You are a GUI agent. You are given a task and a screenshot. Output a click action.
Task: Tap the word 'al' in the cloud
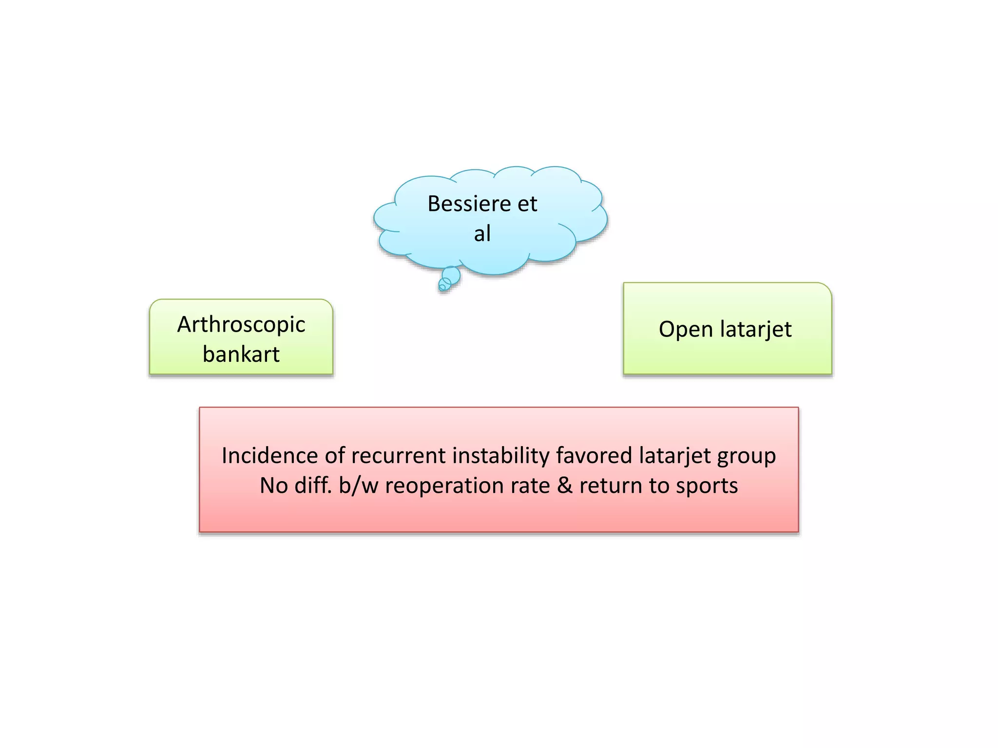click(x=482, y=234)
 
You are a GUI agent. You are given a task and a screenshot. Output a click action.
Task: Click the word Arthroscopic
click(x=241, y=325)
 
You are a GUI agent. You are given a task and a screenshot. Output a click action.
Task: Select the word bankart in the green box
click(x=241, y=355)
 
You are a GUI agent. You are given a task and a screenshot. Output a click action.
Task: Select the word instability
click(x=500, y=456)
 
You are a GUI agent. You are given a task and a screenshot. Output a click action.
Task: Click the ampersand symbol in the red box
click(x=565, y=486)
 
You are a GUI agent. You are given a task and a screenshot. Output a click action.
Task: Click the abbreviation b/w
click(x=359, y=486)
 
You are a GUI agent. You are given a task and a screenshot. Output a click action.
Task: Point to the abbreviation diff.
click(x=313, y=486)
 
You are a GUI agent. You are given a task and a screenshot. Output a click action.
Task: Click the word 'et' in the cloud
click(x=527, y=204)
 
